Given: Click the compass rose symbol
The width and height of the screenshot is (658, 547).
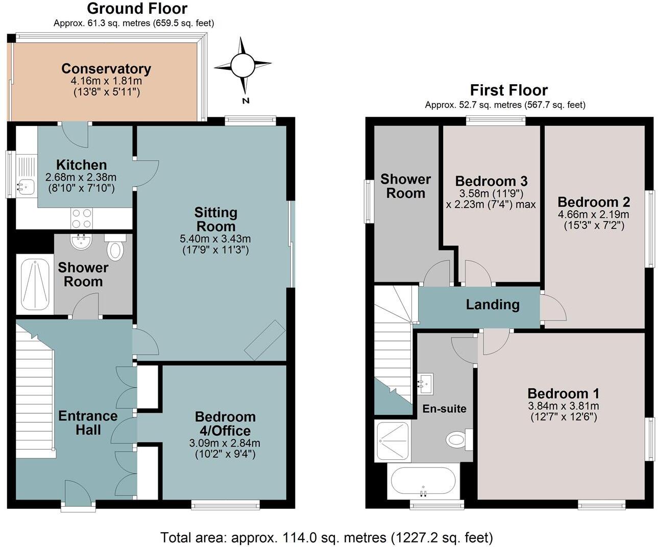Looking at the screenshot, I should click(x=242, y=65).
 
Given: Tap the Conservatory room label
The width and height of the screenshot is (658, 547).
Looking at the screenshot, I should click(x=106, y=69).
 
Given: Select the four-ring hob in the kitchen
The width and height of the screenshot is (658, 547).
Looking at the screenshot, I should click(x=82, y=218).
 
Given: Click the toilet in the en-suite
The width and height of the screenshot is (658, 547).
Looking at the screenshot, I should click(x=457, y=439).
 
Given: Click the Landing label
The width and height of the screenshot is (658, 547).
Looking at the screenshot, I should click(x=492, y=305).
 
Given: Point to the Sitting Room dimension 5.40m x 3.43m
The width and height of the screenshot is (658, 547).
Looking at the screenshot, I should click(x=215, y=239).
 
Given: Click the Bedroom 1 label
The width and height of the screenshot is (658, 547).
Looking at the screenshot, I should click(x=563, y=393).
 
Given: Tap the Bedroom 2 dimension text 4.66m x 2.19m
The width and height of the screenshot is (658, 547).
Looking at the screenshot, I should click(x=593, y=214).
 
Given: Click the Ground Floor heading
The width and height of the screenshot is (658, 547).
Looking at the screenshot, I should click(x=137, y=9).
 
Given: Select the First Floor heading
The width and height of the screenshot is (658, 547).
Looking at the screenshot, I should click(x=508, y=90).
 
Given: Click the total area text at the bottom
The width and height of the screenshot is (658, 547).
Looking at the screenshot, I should click(x=327, y=537).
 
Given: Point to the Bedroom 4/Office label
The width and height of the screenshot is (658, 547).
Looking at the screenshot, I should click(x=225, y=424).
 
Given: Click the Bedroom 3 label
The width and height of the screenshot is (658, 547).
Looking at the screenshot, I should click(x=491, y=181).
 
